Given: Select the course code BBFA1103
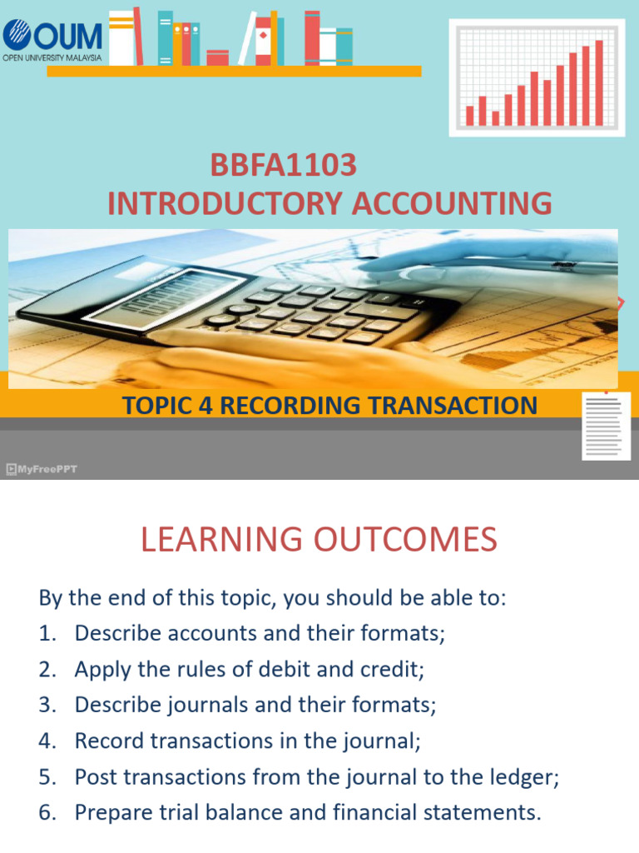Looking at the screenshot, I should [x=283, y=166].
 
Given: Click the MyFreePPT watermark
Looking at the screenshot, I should [x=42, y=469].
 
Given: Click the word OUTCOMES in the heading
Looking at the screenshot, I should [x=405, y=540].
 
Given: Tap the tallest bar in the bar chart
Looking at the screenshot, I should [x=599, y=82].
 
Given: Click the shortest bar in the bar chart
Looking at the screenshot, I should [x=496, y=117].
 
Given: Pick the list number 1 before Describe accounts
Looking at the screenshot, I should [x=46, y=633].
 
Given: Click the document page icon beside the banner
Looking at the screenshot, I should [x=604, y=425].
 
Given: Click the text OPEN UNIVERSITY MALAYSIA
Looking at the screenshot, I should [x=52, y=57].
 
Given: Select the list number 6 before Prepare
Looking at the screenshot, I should [x=46, y=812].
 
